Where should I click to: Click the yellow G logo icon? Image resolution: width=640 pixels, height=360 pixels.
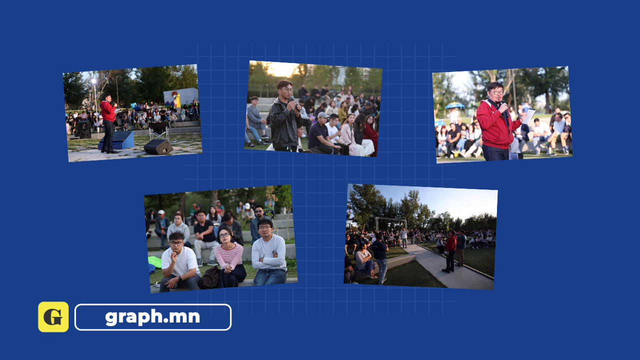pyautogui.click(x=53, y=317)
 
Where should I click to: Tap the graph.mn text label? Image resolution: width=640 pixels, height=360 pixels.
pyautogui.click(x=152, y=317)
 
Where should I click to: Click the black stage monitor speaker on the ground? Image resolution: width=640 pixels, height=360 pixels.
pyautogui.click(x=158, y=146)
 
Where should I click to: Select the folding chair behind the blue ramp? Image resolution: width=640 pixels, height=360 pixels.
pyautogui.click(x=158, y=131)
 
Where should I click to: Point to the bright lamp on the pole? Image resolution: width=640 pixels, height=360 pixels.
pyautogui.click(x=93, y=81)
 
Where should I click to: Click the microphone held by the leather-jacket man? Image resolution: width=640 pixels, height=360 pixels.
pyautogui.click(x=294, y=103)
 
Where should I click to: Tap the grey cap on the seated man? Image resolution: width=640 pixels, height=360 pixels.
pyautogui.click(x=323, y=115)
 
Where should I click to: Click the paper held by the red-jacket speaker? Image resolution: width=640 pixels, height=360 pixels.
pyautogui.click(x=529, y=116)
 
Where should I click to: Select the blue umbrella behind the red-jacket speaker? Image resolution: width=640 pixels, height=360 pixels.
pyautogui.click(x=455, y=105)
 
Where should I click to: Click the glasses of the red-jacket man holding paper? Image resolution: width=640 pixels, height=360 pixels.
pyautogui.click(x=496, y=92)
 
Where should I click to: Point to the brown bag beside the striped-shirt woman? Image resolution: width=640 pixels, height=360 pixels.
pyautogui.click(x=210, y=277)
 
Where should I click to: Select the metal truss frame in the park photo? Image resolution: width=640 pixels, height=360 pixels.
pyautogui.click(x=391, y=223)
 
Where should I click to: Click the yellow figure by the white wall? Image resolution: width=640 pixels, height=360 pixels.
pyautogui.click(x=177, y=100)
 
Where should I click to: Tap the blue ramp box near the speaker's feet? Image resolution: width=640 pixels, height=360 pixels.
pyautogui.click(x=117, y=140)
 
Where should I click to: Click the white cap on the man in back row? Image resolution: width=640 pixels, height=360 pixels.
pyautogui.click(x=161, y=212)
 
